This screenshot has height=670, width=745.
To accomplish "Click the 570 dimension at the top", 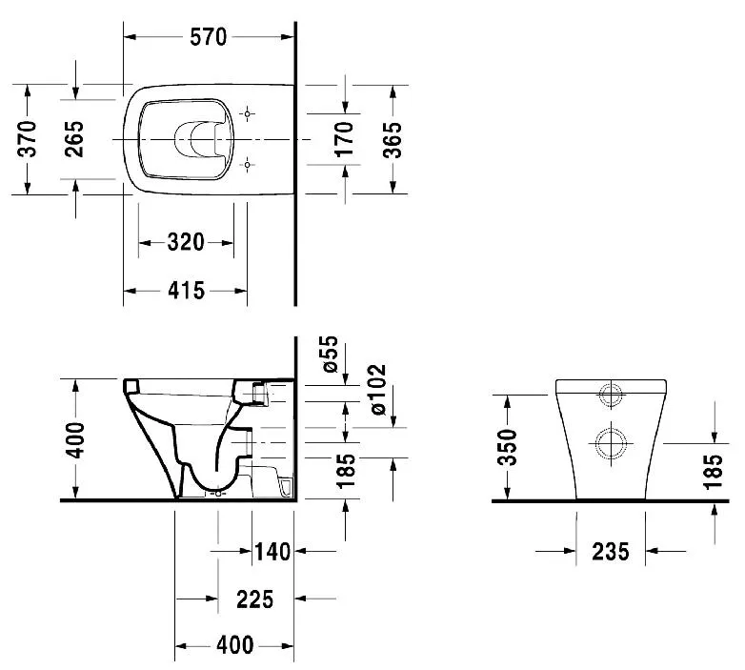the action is [208, 37].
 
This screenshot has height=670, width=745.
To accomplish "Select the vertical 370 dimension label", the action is [27, 139].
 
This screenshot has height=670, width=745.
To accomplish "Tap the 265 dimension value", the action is [74, 139].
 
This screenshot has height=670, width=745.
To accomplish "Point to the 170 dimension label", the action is [344, 139].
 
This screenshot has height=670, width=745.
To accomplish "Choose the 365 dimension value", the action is [393, 140].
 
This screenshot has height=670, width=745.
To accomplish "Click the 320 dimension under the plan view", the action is [186, 242].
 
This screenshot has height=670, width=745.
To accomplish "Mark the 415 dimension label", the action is [186, 291].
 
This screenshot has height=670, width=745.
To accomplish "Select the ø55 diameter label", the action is [330, 354].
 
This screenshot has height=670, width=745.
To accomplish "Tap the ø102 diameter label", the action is [378, 390].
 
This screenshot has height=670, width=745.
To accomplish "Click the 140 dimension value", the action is [272, 552].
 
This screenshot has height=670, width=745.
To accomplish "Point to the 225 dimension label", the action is [255, 599].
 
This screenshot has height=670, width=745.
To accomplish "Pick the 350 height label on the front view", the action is [508, 447].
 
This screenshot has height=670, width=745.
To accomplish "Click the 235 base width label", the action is [611, 552].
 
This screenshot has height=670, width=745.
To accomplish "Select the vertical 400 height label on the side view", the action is [74, 440].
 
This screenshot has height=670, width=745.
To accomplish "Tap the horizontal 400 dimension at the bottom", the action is [235, 645].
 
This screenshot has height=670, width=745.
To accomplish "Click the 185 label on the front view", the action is [713, 472].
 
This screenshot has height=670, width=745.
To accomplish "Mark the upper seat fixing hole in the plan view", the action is [247, 114].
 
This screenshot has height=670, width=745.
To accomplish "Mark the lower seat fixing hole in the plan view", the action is [247, 165].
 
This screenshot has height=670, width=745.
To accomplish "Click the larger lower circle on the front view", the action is [611, 444].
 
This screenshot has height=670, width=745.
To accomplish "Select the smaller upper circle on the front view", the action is [611, 395].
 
